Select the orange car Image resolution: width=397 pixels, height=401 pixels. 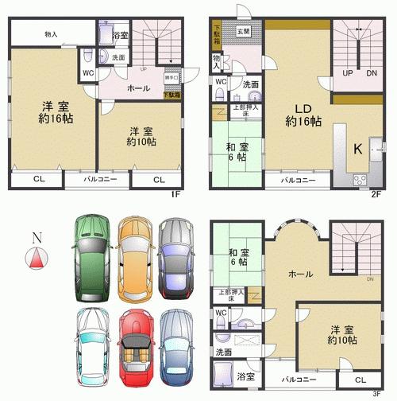click(x=133, y=257)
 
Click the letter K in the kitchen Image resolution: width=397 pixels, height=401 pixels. click(x=358, y=147)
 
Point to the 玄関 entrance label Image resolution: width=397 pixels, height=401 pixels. click(x=243, y=32)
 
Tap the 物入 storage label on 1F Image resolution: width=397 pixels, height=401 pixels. click(x=50, y=34)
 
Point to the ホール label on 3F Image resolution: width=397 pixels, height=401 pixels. click(x=299, y=274)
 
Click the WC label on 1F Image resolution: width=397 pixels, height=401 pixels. click(x=88, y=73)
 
